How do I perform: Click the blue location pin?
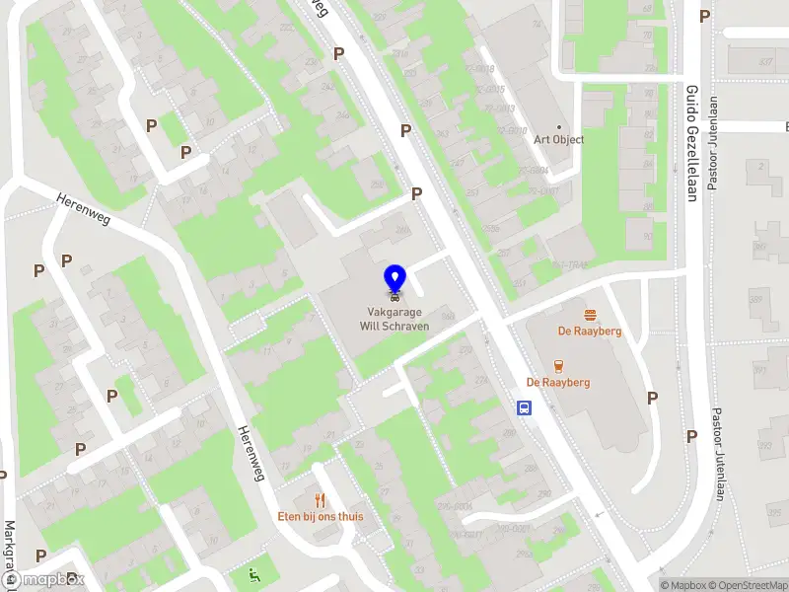394,277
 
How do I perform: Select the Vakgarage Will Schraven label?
394,319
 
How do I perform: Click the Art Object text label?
559,139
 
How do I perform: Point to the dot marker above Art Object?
559,126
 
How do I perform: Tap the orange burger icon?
590,315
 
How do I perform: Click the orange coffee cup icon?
558,365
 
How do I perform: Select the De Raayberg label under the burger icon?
590,332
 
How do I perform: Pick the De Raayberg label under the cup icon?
558,382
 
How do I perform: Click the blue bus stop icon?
525,407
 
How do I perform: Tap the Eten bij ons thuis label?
320,516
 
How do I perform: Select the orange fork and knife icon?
320,499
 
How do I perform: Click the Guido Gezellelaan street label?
691,142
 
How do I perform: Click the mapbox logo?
43,580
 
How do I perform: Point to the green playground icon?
257,575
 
